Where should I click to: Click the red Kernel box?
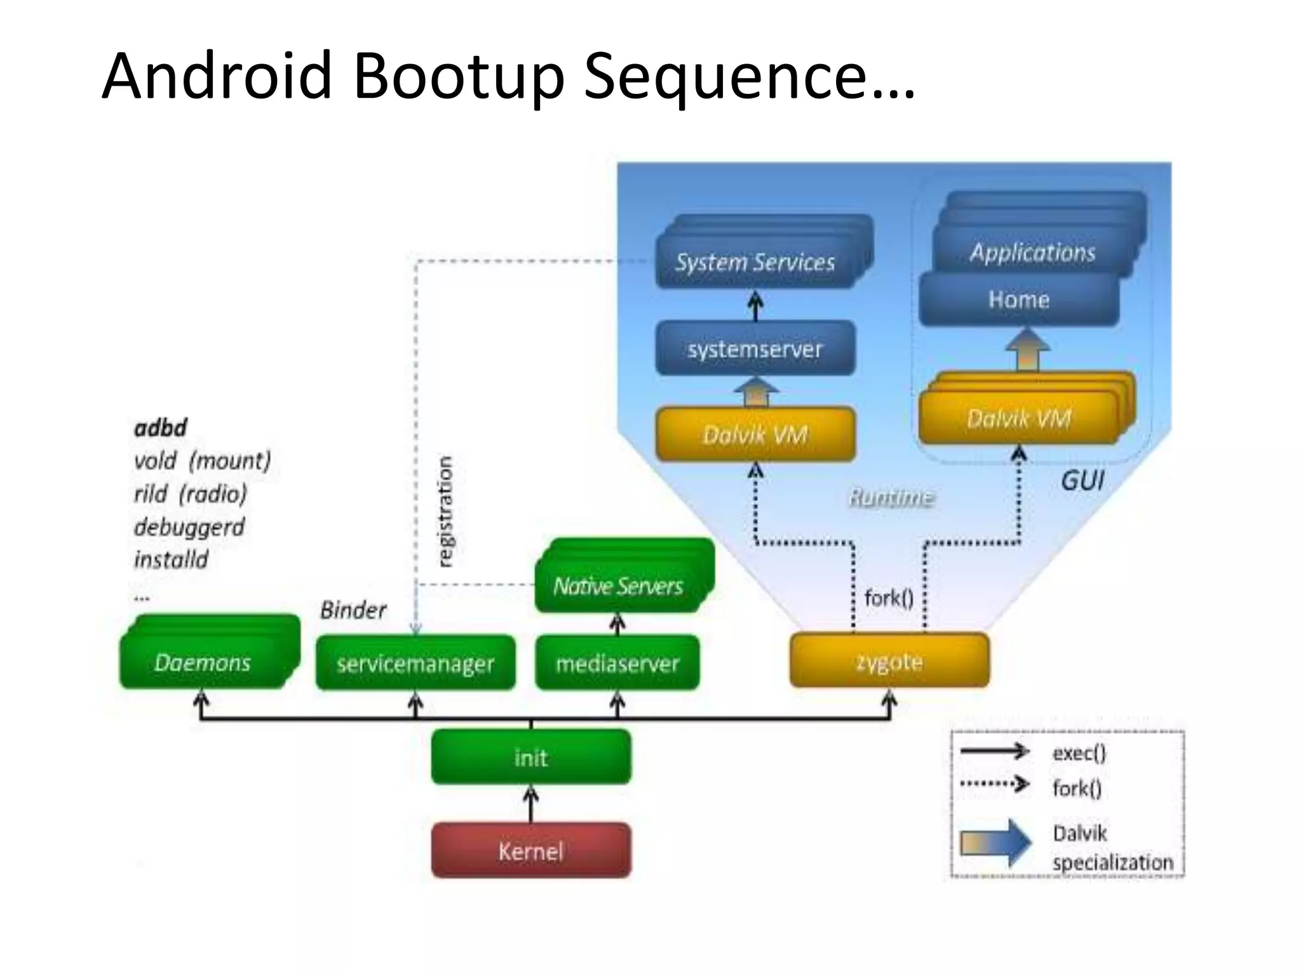(x=531, y=851)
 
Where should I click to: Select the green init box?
(x=531, y=757)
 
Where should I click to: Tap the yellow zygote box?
(x=889, y=660)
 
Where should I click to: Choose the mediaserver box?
(x=617, y=663)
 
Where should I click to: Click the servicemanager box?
(x=415, y=663)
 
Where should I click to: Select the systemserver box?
(x=755, y=348)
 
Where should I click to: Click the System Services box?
(x=755, y=262)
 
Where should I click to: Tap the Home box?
(x=1019, y=299)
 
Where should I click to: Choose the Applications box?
(x=1033, y=251)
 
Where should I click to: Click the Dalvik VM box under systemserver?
(x=755, y=434)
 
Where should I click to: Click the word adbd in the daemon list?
(x=160, y=428)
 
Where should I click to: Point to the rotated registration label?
(x=446, y=510)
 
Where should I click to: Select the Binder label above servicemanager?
(x=353, y=609)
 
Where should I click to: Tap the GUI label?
(x=1082, y=481)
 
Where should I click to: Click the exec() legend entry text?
(x=1079, y=753)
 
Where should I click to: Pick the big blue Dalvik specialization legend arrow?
(x=996, y=843)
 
